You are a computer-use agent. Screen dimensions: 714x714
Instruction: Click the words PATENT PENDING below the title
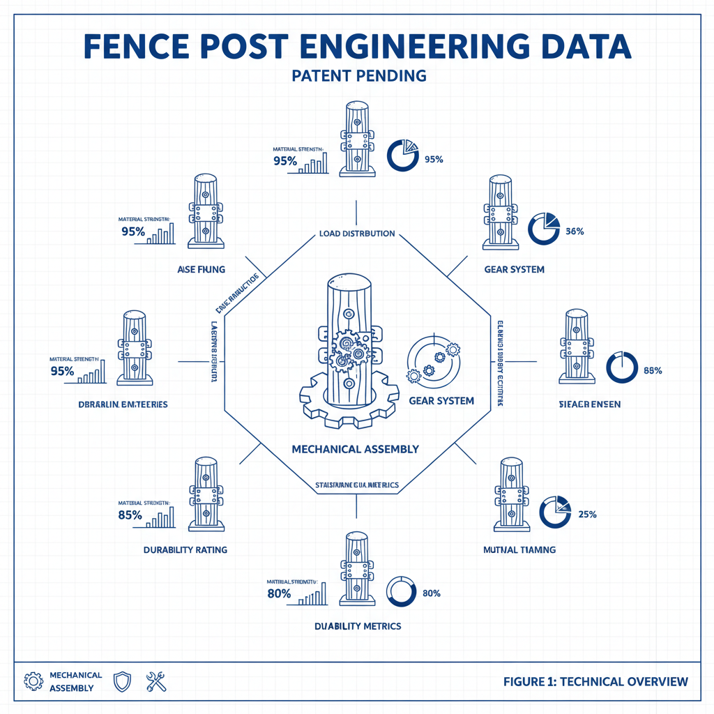(x=358, y=75)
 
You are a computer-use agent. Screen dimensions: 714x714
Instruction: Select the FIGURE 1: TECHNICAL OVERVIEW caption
(x=595, y=681)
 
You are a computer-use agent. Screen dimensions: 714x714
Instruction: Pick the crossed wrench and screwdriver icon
(x=156, y=681)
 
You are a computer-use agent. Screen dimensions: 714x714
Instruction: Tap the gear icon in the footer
(x=32, y=681)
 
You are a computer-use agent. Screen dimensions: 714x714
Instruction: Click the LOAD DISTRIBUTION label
(x=357, y=234)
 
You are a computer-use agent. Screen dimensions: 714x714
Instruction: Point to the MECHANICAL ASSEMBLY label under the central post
(x=356, y=449)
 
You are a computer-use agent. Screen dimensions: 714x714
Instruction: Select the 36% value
(x=575, y=231)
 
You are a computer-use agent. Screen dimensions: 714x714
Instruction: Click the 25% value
(x=586, y=515)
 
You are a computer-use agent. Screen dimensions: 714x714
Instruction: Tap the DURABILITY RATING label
(x=185, y=549)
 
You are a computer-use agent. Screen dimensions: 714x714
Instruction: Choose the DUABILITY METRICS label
(x=358, y=625)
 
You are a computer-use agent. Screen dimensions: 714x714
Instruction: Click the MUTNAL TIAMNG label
(x=519, y=549)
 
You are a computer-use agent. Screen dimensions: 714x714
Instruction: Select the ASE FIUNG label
(x=202, y=269)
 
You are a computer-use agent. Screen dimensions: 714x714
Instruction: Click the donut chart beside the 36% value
(x=544, y=228)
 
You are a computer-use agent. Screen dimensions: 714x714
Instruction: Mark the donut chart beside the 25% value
(x=556, y=512)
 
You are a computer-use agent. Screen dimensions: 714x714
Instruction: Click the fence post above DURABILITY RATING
(x=206, y=494)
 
